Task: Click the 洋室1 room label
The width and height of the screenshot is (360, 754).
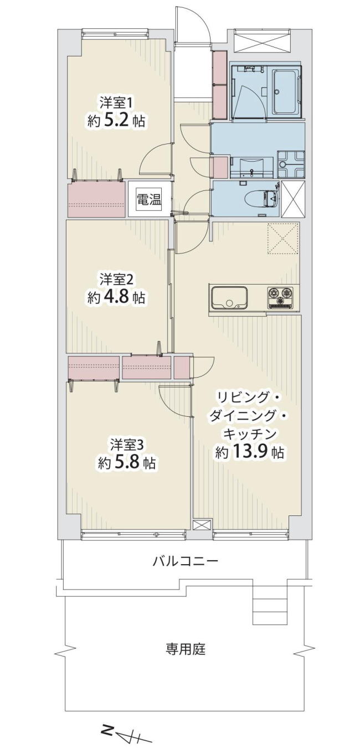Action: click(114, 102)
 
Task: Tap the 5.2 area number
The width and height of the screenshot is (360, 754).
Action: click(116, 121)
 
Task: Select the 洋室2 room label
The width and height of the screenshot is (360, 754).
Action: click(115, 280)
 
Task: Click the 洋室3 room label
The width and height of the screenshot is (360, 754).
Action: click(125, 445)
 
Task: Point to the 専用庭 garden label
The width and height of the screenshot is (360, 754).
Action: click(185, 649)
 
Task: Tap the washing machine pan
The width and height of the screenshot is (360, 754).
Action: click(291, 164)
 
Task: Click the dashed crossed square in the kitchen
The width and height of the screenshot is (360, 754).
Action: click(282, 238)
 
